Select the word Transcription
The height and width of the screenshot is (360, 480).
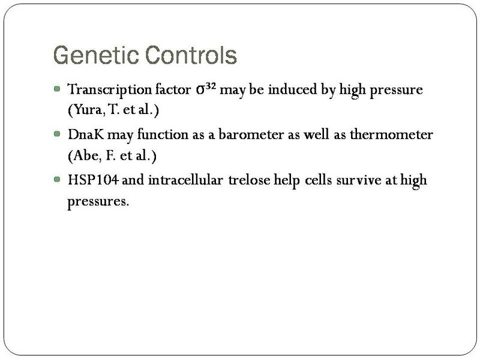click(x=103, y=90)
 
